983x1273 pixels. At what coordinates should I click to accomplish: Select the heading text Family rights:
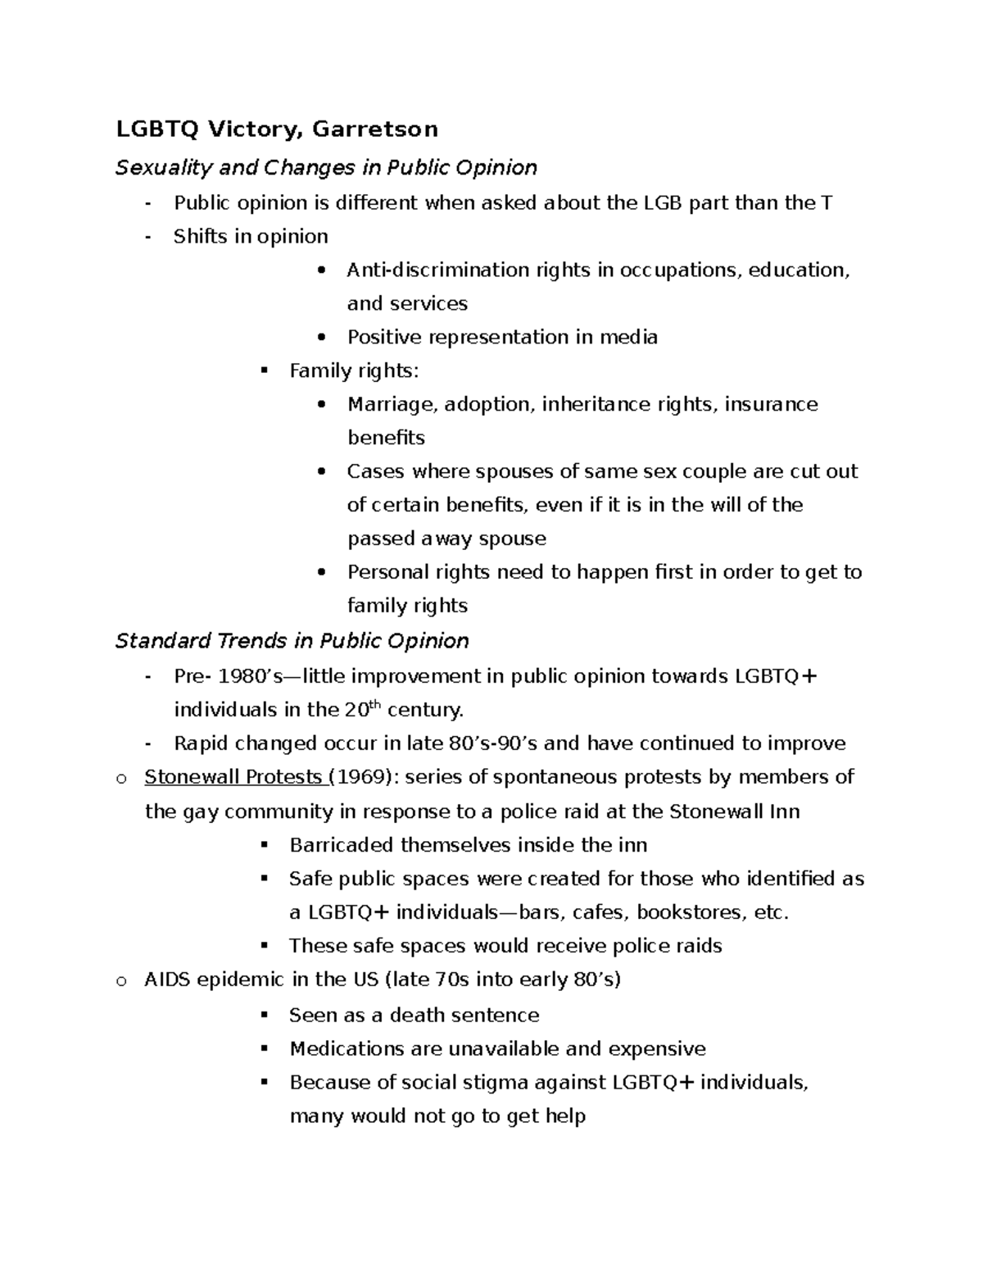[x=354, y=371]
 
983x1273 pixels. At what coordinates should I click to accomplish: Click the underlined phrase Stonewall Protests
[x=233, y=777]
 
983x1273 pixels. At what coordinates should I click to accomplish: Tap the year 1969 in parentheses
[x=358, y=777]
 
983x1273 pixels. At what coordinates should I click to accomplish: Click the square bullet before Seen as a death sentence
[x=264, y=1015]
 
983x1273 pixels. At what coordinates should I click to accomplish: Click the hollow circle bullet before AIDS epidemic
[x=121, y=980]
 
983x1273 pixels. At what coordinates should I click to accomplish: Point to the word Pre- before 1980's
[x=193, y=676]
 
